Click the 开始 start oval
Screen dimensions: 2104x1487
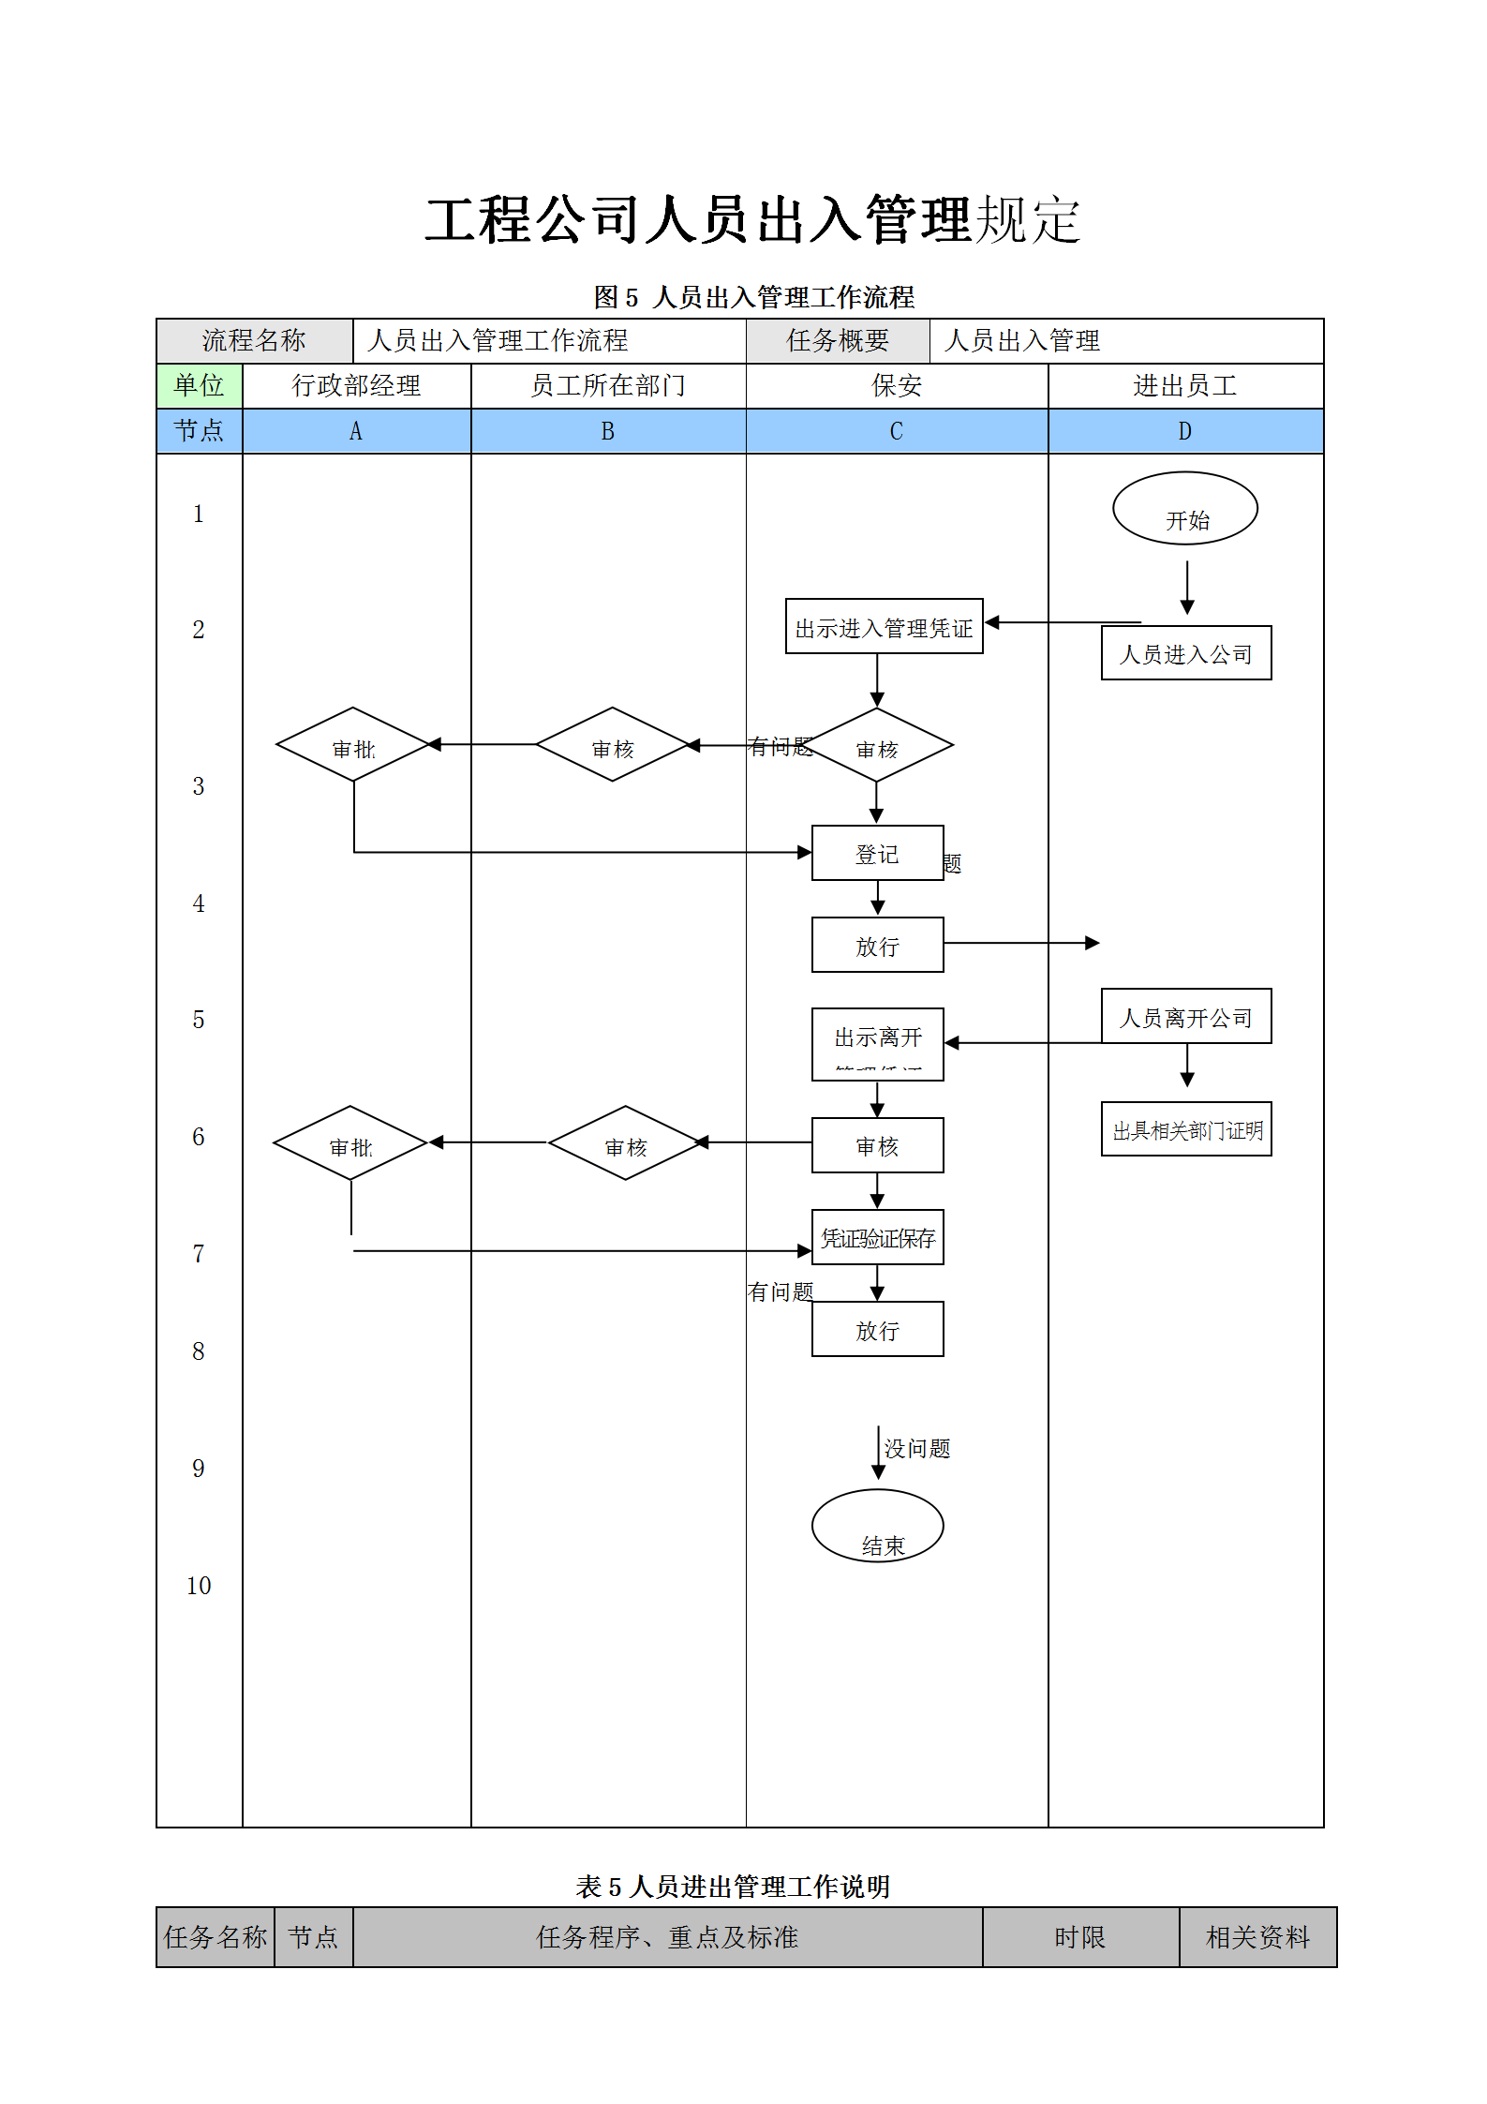(x=1184, y=508)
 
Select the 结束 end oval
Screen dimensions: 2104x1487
(x=877, y=1525)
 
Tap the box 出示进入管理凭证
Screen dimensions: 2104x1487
(x=884, y=626)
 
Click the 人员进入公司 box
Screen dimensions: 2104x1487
(x=1185, y=653)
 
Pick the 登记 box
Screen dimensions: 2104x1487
(x=877, y=853)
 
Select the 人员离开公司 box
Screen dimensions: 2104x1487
(x=1185, y=1016)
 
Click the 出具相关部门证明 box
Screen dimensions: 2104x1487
(x=1185, y=1129)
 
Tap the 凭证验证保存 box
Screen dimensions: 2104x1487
(x=877, y=1237)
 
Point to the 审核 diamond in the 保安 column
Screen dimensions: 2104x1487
(x=877, y=746)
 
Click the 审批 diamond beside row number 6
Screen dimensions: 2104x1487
(x=350, y=1143)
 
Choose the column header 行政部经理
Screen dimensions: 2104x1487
(x=356, y=385)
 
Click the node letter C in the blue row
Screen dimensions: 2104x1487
(x=896, y=431)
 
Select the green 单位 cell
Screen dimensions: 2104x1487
(x=199, y=385)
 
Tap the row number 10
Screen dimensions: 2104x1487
(x=199, y=1586)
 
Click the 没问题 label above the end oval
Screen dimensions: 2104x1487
(x=916, y=1449)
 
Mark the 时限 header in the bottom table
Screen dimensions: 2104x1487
(x=1079, y=1937)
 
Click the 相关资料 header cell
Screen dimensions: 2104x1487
(x=1257, y=1937)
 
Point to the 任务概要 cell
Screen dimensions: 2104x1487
(x=837, y=340)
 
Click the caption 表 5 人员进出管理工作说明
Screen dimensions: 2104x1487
(x=733, y=1887)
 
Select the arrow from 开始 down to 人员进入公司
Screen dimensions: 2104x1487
(x=1186, y=588)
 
